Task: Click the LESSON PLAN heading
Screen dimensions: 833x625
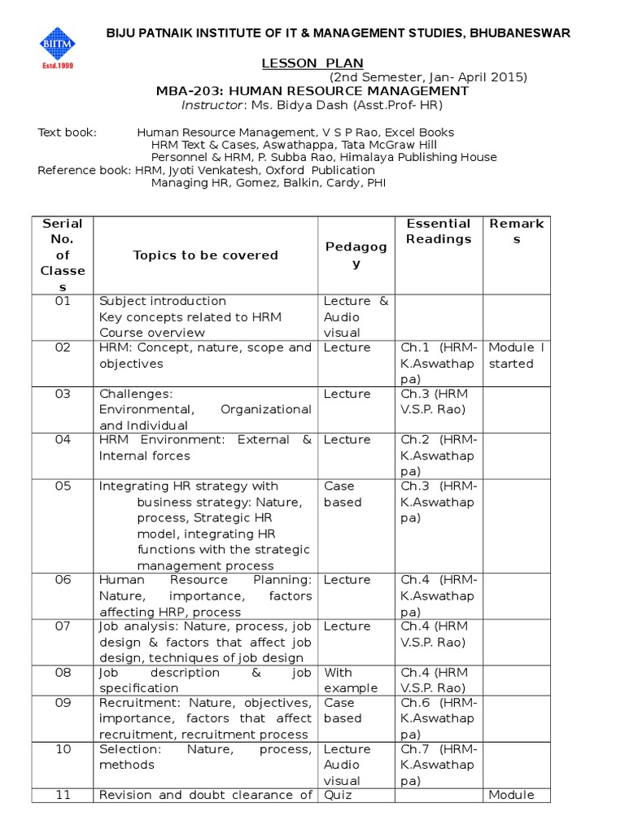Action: point(312,63)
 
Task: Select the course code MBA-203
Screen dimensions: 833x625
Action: point(185,91)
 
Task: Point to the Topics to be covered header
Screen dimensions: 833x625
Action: point(205,255)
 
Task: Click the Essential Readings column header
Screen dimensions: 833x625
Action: point(439,231)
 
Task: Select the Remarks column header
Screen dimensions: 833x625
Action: point(516,231)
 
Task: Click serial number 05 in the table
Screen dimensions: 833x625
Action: point(63,486)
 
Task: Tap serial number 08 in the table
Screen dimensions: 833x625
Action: point(63,673)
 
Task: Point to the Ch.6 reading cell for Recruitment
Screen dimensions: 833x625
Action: point(439,718)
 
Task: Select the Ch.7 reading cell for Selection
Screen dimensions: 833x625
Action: point(439,765)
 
